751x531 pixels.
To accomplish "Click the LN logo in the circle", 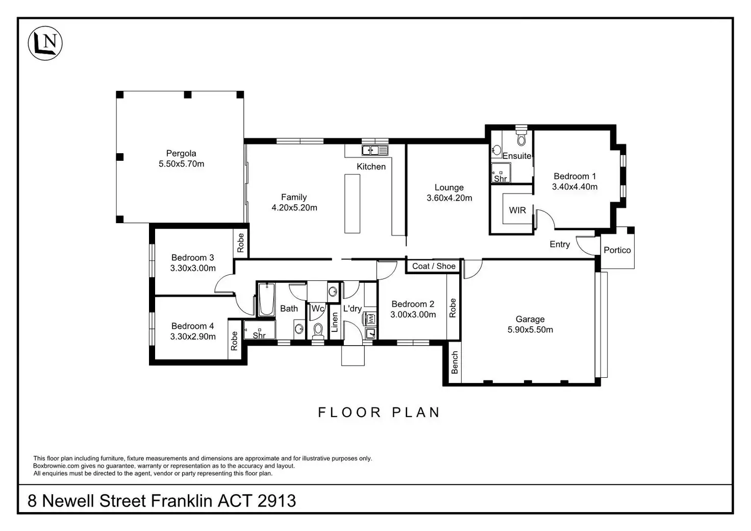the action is click(x=45, y=43).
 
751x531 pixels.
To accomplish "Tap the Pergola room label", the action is click(x=181, y=153).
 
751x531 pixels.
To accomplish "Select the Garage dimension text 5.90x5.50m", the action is click(x=530, y=330).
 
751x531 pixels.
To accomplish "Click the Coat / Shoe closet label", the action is click(x=434, y=266).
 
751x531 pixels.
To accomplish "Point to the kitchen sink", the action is click(x=375, y=150).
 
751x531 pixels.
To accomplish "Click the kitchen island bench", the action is click(x=353, y=204).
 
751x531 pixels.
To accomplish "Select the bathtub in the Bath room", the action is click(x=266, y=299).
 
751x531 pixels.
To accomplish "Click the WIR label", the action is click(x=517, y=210).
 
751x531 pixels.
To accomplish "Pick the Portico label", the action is click(x=617, y=250).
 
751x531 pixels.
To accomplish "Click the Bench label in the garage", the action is click(x=455, y=363).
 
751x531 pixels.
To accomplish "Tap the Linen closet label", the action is click(x=335, y=322).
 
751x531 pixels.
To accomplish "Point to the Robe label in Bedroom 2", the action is click(x=453, y=308).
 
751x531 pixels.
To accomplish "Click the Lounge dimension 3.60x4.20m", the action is click(x=449, y=198).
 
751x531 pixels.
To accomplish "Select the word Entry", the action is click(x=560, y=245).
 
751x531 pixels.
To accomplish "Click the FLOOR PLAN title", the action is click(x=379, y=413).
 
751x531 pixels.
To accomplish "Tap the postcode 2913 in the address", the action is click(x=277, y=501).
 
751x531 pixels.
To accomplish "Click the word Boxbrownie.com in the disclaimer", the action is click(x=56, y=466).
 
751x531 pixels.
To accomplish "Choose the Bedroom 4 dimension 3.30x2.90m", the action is click(x=193, y=336).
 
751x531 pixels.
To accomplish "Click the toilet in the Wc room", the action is click(x=318, y=330).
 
